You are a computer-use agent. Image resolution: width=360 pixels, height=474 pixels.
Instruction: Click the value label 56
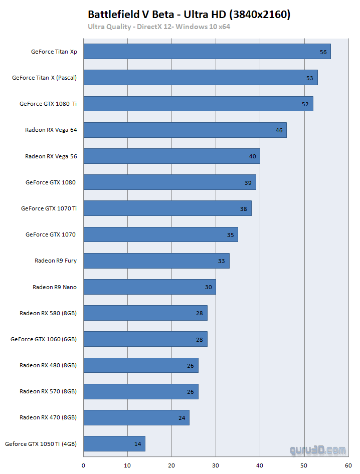click(x=323, y=52)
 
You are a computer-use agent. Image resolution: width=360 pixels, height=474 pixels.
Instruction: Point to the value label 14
click(x=138, y=444)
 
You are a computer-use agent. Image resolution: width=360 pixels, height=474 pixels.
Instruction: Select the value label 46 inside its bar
click(x=279, y=130)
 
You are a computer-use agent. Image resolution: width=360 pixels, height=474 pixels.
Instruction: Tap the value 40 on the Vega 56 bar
click(x=253, y=156)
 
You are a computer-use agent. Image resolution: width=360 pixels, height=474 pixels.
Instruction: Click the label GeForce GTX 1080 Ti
click(x=48, y=104)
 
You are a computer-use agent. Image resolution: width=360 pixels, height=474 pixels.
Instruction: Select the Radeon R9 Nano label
click(x=55, y=287)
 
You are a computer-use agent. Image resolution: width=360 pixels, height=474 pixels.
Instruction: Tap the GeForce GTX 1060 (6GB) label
click(x=44, y=339)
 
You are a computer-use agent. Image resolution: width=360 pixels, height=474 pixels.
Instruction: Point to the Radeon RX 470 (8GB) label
click(x=48, y=417)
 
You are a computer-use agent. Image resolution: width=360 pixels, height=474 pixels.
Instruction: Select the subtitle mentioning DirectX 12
click(x=159, y=27)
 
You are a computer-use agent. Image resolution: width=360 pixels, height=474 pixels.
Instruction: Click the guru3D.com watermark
click(x=317, y=450)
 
